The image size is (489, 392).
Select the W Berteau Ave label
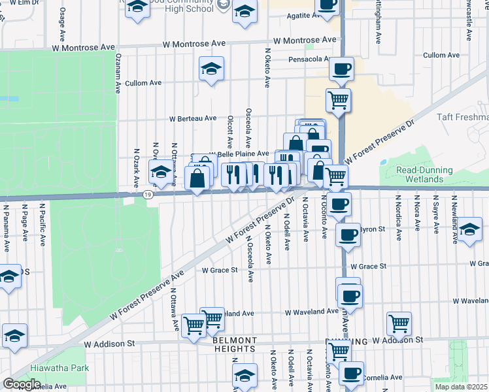point(193,118)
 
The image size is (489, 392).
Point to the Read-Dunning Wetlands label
point(424,174)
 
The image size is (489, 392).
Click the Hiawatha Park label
point(63,368)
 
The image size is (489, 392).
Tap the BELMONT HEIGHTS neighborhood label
point(234,344)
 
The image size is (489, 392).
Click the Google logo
point(22,384)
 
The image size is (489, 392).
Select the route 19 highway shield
point(149,194)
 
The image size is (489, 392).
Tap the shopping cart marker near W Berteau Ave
point(338,101)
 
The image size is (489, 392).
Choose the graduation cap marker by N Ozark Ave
point(161,173)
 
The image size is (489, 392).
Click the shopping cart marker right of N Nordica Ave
point(398,322)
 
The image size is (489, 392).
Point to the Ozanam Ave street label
point(118,73)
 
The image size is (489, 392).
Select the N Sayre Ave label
point(434,212)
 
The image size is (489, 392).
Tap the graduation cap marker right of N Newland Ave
point(469,229)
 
